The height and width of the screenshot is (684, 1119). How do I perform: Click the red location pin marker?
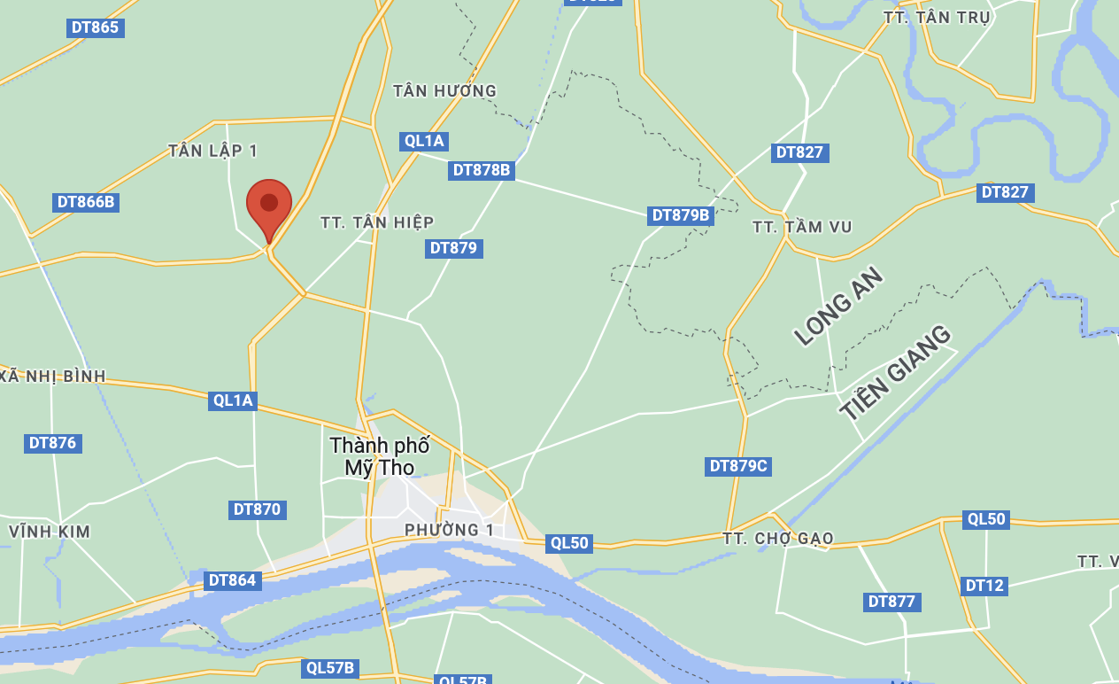[269, 206]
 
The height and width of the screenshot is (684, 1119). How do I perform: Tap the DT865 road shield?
[95, 27]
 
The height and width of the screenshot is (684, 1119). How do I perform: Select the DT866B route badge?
[86, 202]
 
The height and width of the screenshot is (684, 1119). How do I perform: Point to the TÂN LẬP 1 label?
[213, 151]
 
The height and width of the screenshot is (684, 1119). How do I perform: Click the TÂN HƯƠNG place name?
[444, 90]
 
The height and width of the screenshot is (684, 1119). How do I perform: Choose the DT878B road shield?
[482, 170]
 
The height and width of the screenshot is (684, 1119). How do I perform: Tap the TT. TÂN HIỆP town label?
[377, 222]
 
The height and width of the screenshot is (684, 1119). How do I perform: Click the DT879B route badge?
[681, 215]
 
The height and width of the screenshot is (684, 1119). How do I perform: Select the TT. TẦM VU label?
[802, 228]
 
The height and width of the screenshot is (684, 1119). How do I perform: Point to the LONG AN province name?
[838, 306]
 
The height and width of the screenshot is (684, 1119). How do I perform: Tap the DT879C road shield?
[738, 466]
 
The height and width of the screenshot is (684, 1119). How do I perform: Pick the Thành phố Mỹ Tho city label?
[379, 456]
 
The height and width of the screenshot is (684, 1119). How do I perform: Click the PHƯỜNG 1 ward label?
[449, 530]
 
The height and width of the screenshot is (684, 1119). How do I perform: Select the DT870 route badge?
[257, 509]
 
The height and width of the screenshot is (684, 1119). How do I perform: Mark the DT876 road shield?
[53, 443]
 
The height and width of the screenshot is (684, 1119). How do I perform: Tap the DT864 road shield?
[232, 581]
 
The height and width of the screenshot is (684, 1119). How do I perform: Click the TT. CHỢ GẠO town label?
[777, 539]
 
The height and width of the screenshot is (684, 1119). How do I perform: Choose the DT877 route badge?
[891, 602]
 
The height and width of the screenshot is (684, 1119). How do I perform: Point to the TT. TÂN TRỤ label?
[937, 18]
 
